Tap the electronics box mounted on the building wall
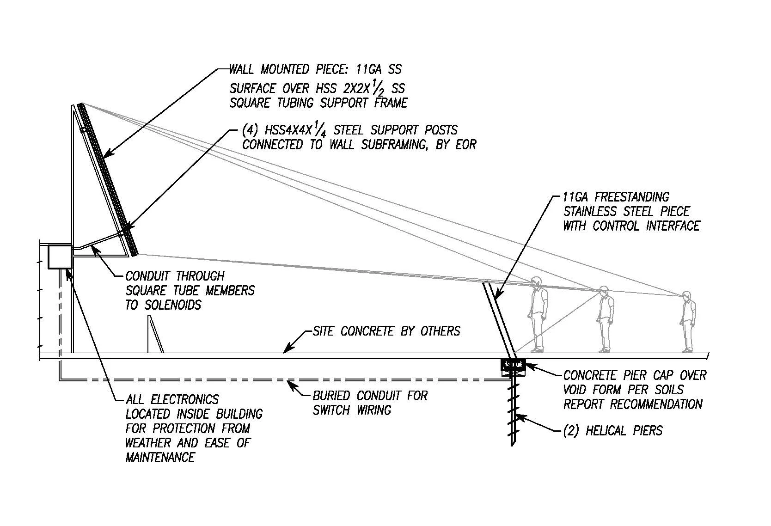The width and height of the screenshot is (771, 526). tap(60, 257)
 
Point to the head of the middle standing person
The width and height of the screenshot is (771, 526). tap(604, 291)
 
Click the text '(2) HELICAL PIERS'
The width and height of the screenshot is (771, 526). tap(612, 431)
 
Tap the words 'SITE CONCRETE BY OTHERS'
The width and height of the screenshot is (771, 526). tap(386, 331)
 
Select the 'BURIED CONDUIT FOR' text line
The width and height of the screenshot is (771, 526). tap(370, 396)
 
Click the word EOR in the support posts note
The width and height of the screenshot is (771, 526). tap(465, 144)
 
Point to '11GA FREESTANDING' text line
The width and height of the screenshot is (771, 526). tap(616, 197)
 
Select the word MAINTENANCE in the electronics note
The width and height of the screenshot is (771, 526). tap(160, 457)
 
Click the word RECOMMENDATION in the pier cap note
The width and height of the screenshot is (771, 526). tap(656, 404)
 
